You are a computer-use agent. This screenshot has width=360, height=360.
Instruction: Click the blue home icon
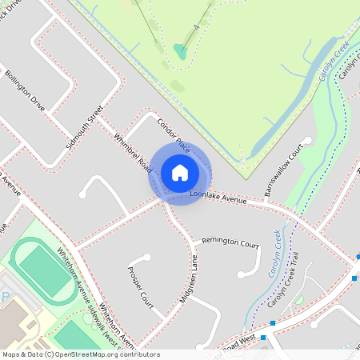(180, 173)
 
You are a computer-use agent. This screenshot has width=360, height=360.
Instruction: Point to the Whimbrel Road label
(133, 152)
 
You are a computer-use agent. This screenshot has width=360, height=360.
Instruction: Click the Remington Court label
(230, 241)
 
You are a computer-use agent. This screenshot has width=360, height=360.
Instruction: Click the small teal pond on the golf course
(181, 52)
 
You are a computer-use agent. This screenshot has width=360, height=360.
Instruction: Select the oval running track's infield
(43, 270)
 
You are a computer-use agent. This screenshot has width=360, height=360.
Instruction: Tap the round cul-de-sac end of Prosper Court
(146, 258)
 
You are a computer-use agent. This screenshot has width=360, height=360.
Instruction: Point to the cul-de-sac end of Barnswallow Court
(306, 141)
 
